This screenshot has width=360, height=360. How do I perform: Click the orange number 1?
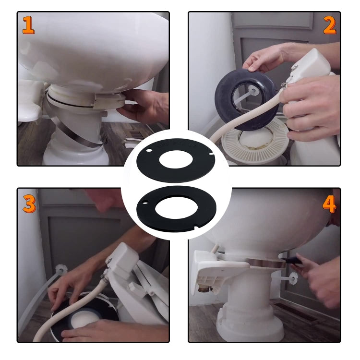[28, 25]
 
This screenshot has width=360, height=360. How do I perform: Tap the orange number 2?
[329, 25]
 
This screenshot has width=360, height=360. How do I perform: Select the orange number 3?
[29, 204]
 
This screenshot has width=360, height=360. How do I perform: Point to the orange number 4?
[329, 204]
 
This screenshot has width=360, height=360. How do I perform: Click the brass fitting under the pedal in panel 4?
[205, 289]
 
